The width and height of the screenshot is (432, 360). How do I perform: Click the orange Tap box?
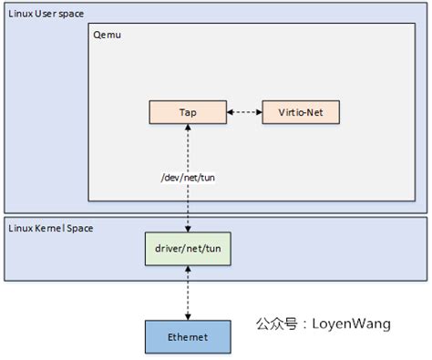tap(188, 112)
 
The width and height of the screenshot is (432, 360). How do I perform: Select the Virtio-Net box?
tap(301, 112)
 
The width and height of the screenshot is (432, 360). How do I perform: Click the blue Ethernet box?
tap(188, 336)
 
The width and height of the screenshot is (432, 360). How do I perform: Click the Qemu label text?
tap(108, 34)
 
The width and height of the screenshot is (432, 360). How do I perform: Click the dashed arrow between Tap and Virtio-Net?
tap(244, 112)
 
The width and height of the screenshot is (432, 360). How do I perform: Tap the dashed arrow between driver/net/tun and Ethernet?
tap(188, 293)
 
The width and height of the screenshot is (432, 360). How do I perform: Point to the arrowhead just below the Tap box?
tap(188, 129)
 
